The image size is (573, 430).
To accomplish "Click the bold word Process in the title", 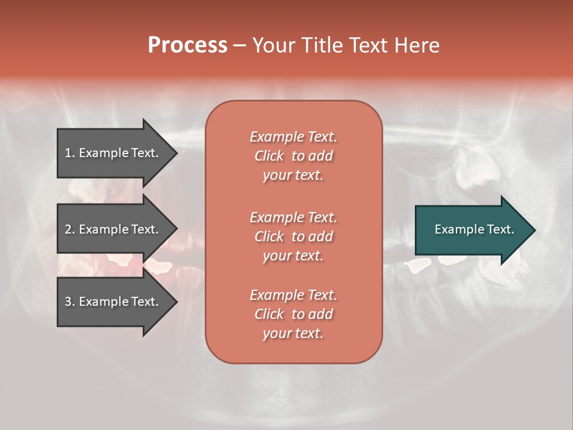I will [187, 45].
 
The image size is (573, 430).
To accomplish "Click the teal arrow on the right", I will [472, 229].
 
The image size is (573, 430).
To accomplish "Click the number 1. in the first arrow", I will [70, 153].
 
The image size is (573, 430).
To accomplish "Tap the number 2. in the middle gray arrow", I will [70, 229].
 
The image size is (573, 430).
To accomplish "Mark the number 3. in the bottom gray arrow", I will [70, 302].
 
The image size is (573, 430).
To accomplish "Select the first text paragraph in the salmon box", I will [293, 156].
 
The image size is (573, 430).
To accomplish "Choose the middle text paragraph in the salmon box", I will [293, 236].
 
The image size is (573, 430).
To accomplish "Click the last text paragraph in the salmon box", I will [293, 314].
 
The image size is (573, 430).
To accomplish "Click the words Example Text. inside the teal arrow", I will [474, 229].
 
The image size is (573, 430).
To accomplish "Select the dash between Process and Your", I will [239, 45].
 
